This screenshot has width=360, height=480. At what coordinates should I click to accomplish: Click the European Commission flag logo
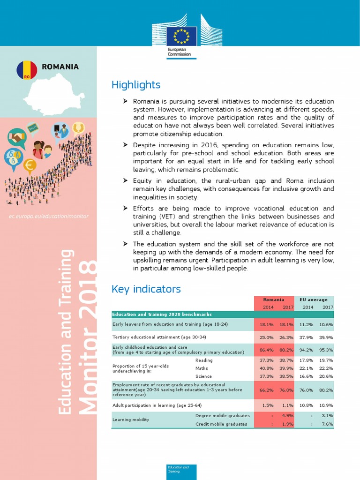tap(180, 35)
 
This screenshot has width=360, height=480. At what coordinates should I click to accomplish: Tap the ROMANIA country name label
tap(60, 67)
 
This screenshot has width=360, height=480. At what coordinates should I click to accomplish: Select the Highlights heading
tap(136, 85)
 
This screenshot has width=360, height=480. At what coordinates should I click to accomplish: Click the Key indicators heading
tap(146, 289)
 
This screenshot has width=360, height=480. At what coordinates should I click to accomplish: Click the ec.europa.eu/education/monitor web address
tap(49, 216)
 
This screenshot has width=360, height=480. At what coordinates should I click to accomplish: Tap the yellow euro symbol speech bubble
tap(30, 165)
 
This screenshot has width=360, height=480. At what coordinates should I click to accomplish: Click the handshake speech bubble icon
tap(17, 138)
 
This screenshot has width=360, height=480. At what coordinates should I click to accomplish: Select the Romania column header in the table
tap(273, 300)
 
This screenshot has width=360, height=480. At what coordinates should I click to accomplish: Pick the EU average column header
tap(313, 300)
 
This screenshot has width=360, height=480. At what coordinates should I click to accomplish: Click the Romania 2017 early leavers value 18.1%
tap(285, 324)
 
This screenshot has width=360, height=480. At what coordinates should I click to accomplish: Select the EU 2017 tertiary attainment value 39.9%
tap(326, 337)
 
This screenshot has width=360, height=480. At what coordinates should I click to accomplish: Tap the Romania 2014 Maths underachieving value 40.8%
tap(266, 368)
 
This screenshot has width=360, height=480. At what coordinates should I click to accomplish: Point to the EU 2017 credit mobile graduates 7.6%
tap(327, 424)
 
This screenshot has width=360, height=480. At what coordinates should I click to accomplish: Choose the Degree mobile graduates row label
tap(222, 415)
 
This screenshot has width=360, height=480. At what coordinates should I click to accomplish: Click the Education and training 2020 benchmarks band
tap(162, 314)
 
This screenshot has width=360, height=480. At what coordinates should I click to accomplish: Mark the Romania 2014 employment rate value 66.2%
tap(266, 390)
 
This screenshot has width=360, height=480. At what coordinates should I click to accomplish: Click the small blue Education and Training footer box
tap(181, 472)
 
